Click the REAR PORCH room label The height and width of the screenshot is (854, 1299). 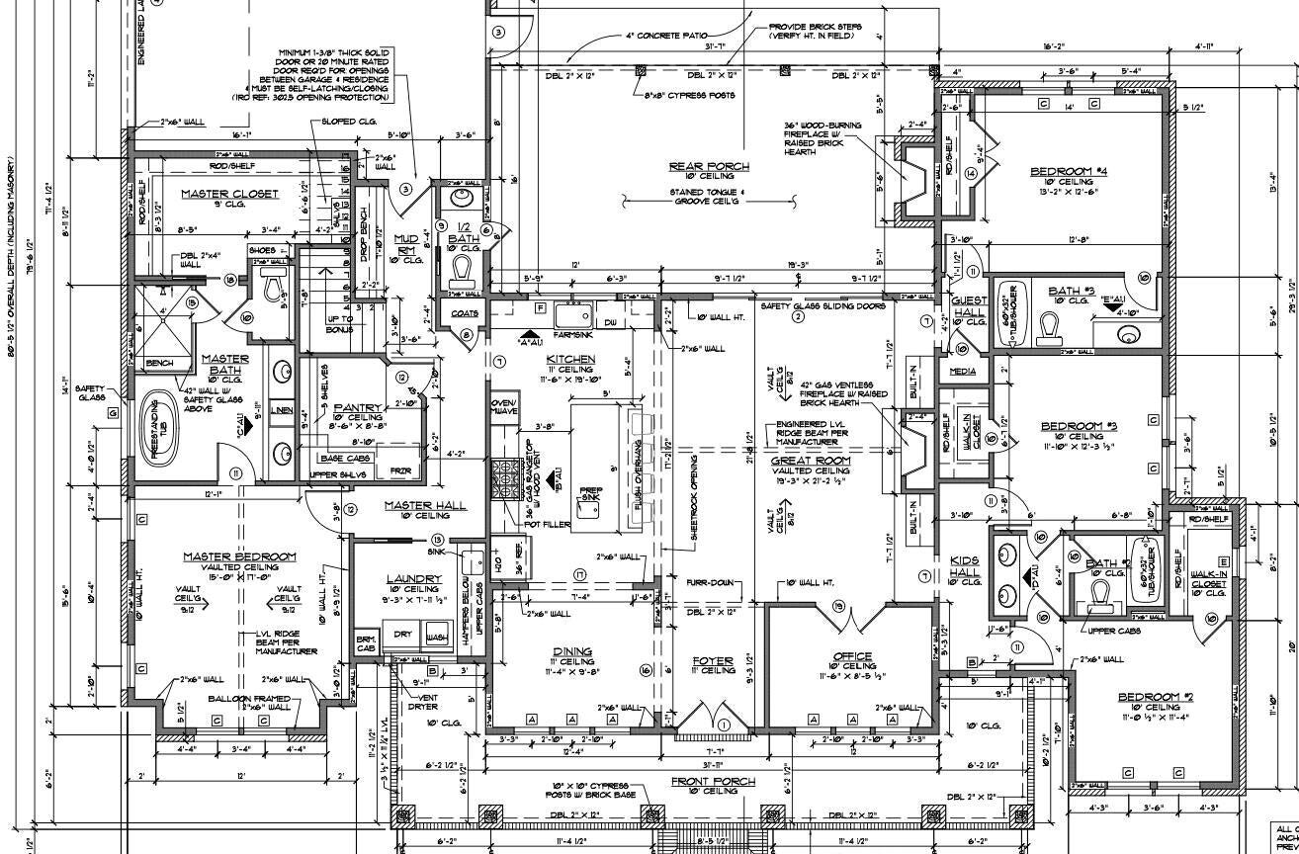point(709,166)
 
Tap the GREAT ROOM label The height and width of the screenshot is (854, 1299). point(811,461)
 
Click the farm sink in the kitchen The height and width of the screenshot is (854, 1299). point(572,316)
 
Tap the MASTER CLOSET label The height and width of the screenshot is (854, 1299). point(229,194)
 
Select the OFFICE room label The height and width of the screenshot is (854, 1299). point(852,656)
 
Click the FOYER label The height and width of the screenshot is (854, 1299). point(712,660)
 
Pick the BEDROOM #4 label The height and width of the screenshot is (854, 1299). point(1068,171)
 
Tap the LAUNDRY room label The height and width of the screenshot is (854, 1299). point(412,577)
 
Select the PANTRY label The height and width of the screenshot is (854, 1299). point(351,407)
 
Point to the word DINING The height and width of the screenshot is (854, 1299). point(572,652)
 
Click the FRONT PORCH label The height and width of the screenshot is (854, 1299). point(713,781)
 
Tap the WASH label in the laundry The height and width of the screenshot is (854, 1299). point(436,638)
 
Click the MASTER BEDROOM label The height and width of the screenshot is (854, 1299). point(239,557)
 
